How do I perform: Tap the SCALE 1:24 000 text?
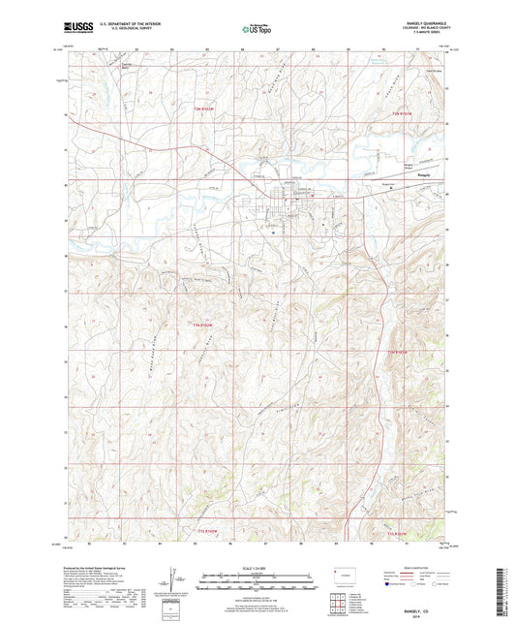[257, 567]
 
